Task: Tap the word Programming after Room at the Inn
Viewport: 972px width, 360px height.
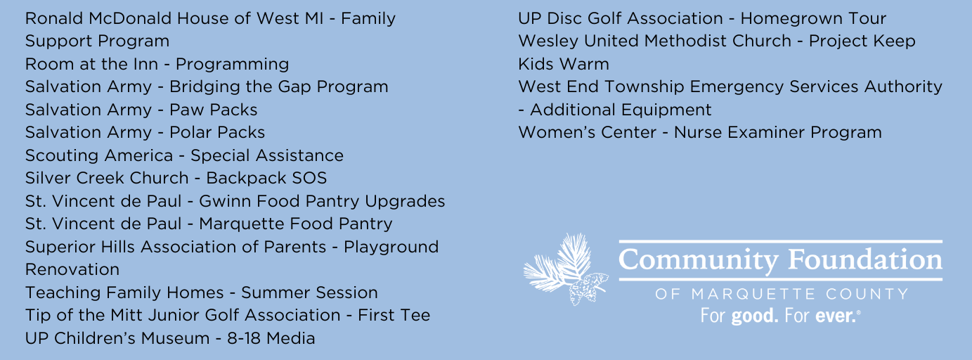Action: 232,64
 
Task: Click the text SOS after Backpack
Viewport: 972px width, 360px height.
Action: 310,178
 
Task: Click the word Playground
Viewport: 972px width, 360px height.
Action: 391,247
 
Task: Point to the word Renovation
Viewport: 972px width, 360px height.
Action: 72,270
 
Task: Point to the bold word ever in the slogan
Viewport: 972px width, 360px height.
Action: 836,316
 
